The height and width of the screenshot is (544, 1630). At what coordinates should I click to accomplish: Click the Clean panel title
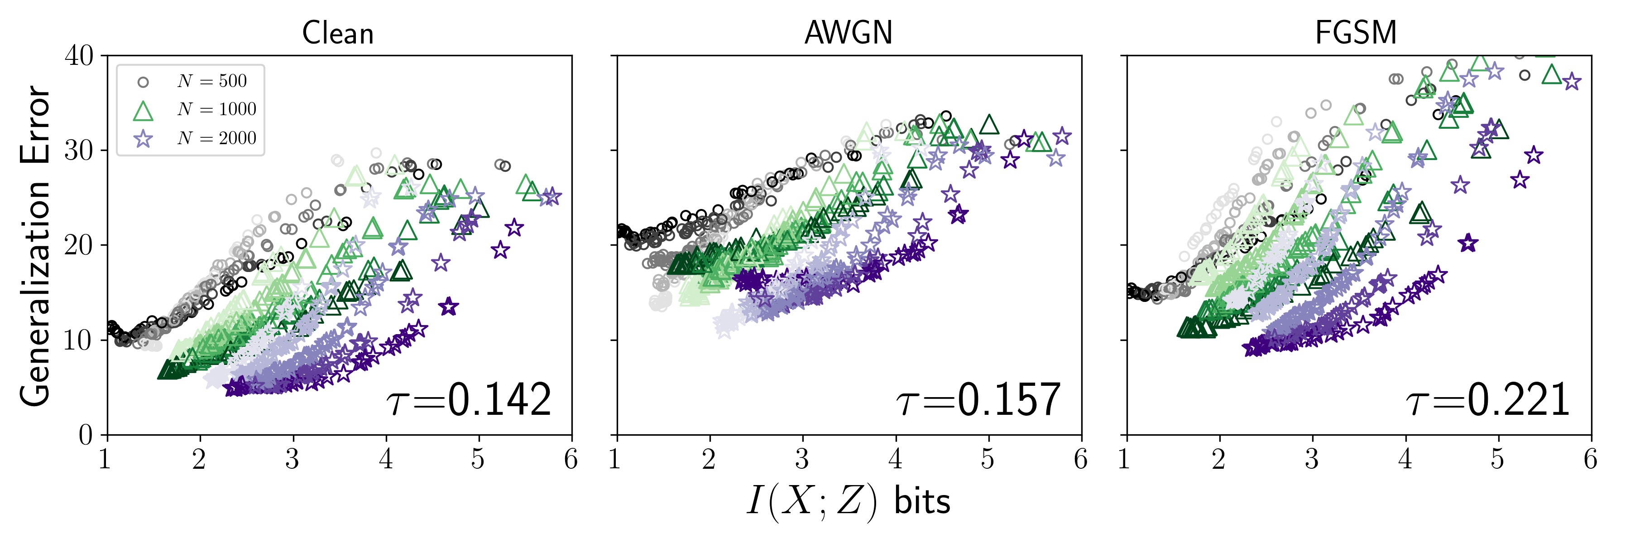[x=337, y=33]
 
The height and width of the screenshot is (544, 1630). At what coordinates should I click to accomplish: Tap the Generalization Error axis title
[x=35, y=246]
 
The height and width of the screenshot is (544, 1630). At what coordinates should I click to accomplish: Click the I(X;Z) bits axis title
[x=848, y=501]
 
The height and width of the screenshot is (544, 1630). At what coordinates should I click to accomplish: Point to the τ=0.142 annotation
[x=468, y=400]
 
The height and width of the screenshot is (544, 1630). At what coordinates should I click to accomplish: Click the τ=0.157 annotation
[x=978, y=400]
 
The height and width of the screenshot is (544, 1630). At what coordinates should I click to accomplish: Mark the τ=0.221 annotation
[x=1487, y=400]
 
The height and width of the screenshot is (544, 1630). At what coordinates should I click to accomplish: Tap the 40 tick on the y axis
[x=79, y=56]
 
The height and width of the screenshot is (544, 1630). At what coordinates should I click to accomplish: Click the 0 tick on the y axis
[x=86, y=435]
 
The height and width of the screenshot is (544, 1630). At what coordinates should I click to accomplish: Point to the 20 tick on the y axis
[x=79, y=246]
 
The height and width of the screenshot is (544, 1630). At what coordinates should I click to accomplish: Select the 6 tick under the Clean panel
[x=571, y=458]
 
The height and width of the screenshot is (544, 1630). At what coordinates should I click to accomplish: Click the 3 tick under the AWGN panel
[x=802, y=458]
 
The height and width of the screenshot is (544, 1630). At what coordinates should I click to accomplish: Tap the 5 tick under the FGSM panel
[x=1497, y=458]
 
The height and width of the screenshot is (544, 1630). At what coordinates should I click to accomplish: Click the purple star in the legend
[x=144, y=139]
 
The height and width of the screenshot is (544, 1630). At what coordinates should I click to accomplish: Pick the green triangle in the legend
[x=143, y=111]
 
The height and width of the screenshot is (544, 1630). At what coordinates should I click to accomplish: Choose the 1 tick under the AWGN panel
[x=615, y=458]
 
